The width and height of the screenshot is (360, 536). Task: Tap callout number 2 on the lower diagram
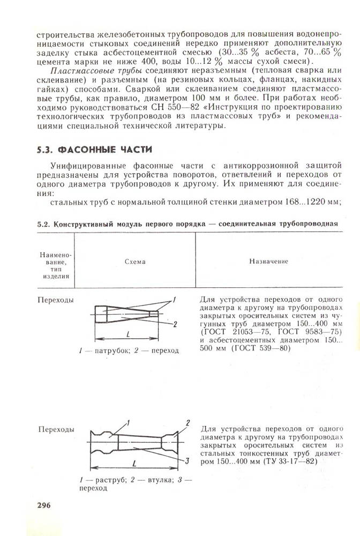(x=188, y=423)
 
